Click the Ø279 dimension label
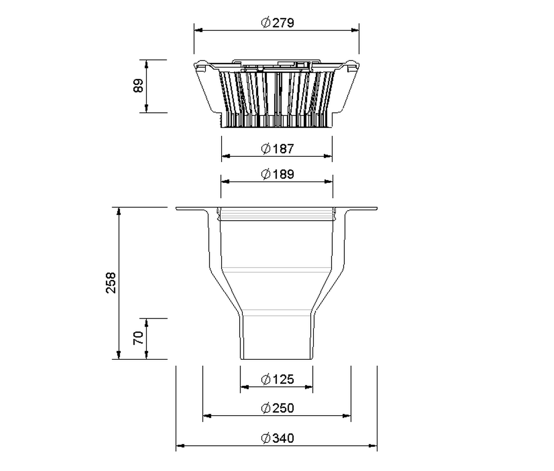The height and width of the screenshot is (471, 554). (x=277, y=23)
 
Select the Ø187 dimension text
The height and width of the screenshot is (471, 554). (x=277, y=149)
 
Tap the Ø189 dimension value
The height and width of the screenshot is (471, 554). (x=277, y=174)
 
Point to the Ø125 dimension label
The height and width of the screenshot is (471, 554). (x=277, y=379)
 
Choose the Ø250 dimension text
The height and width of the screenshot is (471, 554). (x=277, y=408)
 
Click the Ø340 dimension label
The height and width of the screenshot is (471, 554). (x=277, y=438)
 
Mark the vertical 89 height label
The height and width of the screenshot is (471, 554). (x=138, y=86)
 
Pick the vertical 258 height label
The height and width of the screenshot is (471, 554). (x=111, y=283)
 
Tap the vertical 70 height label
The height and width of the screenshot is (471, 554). (x=138, y=338)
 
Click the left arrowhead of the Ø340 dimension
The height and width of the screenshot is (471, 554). (x=180, y=446)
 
